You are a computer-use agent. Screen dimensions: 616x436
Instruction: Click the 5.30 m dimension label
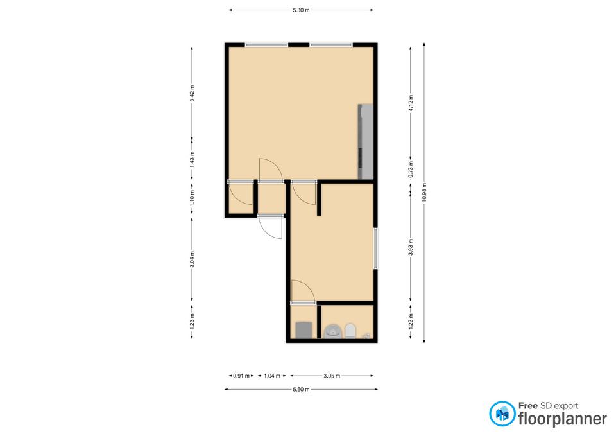(x=301, y=10)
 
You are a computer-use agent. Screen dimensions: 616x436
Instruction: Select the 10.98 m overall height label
(x=424, y=193)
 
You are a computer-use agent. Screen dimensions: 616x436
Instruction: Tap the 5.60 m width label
(x=301, y=390)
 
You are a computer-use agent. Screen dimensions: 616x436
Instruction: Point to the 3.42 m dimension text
(x=192, y=94)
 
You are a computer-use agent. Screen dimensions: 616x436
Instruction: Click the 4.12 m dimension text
(x=411, y=103)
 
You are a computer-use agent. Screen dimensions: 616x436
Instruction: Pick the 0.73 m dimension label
(x=411, y=170)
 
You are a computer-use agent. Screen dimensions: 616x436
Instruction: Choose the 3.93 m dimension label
(x=411, y=247)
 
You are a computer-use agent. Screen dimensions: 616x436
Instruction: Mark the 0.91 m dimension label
(x=241, y=376)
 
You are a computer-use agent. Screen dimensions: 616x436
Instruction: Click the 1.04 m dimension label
(x=272, y=376)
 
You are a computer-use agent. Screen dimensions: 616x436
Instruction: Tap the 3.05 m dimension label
(x=332, y=376)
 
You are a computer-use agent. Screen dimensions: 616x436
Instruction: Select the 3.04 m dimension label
(x=192, y=259)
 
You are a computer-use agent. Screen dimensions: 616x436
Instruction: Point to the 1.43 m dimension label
(x=192, y=160)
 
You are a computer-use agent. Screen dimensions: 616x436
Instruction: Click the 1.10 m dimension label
(x=192, y=198)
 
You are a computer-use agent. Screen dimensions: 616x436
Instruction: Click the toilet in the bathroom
(x=350, y=330)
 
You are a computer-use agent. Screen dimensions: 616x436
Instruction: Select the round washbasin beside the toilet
(x=333, y=331)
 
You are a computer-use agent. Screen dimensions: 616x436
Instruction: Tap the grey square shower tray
(x=304, y=329)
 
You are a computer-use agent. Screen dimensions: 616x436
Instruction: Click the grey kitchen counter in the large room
(x=365, y=141)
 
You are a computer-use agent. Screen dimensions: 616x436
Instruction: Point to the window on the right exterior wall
(x=375, y=249)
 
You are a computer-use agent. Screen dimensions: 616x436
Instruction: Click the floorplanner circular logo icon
(x=502, y=414)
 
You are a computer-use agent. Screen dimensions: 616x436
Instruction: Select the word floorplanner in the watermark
(x=563, y=418)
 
